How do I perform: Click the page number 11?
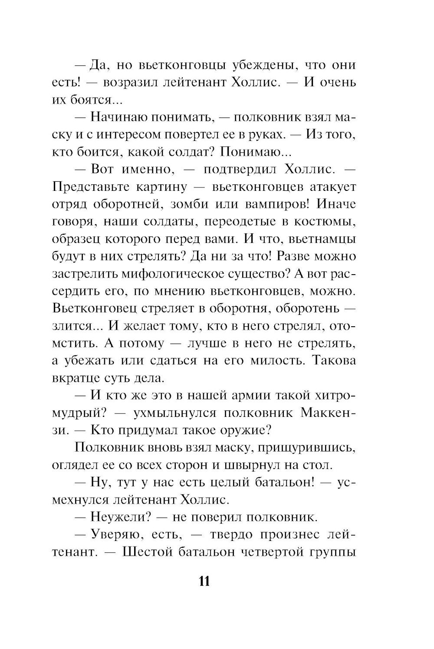(x=204, y=581)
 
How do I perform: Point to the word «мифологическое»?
(x=188, y=274)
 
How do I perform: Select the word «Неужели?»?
(x=120, y=517)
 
